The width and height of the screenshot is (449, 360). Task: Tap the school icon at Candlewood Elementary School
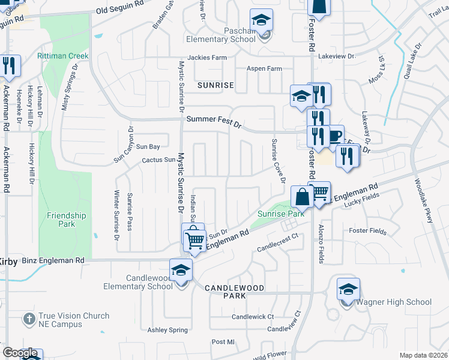(180, 270)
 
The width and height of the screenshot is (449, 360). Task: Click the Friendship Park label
(67, 220)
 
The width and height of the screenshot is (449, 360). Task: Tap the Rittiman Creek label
(62, 56)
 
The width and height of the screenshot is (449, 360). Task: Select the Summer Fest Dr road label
(213, 119)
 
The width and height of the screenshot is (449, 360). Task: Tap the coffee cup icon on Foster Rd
(334, 136)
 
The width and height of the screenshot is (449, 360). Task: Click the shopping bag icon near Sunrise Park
(301, 196)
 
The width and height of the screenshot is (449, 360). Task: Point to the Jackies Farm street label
(207, 58)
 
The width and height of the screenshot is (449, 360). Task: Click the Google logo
(20, 353)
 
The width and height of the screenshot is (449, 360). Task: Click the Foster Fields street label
(367, 230)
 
